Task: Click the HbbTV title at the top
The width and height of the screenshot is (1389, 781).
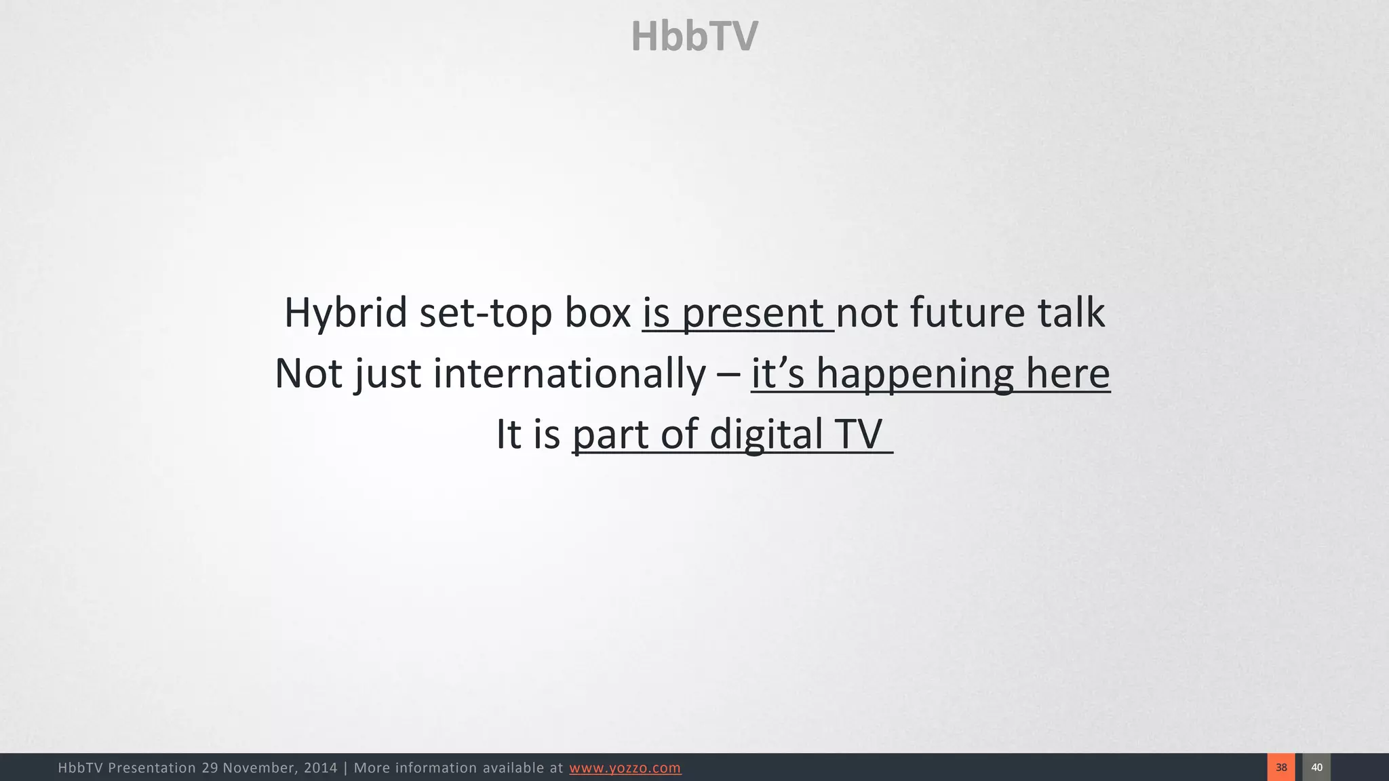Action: point(694,36)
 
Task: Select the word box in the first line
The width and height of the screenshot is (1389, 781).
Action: point(598,313)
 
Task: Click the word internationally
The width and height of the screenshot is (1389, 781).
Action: point(569,374)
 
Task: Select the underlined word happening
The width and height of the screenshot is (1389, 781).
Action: point(914,374)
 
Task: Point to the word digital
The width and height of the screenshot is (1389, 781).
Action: point(766,434)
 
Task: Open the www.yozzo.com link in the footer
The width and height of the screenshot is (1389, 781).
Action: point(625,768)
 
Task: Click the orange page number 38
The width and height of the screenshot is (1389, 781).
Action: point(1281,767)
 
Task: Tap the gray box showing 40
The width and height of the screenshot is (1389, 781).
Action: point(1316,767)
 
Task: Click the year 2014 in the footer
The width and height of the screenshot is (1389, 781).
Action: point(320,768)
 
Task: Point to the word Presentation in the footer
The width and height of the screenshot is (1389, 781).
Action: point(151,768)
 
